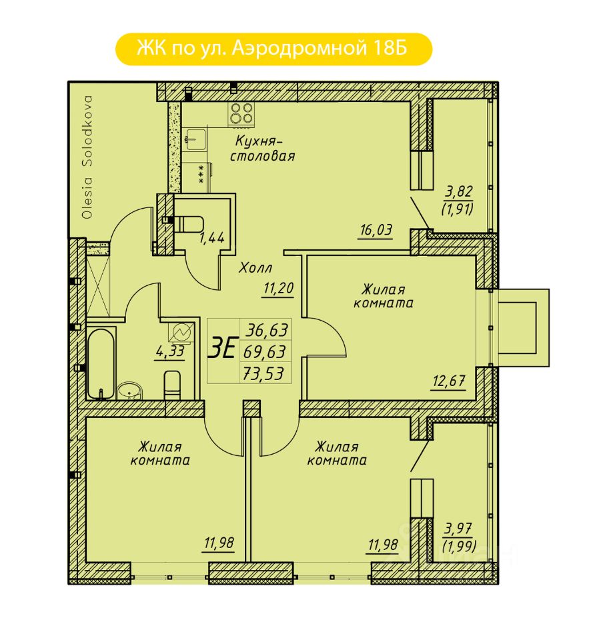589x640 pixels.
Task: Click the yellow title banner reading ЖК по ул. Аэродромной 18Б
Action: click(273, 49)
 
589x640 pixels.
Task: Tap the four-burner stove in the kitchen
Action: click(241, 113)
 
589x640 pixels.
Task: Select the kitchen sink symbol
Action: click(195, 139)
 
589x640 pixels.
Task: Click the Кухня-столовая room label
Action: click(262, 149)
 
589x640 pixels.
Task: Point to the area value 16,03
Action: click(376, 230)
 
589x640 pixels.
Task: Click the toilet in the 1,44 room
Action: click(188, 225)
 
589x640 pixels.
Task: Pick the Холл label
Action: click(255, 268)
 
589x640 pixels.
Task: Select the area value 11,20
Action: click(278, 288)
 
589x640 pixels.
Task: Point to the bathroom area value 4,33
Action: click(170, 351)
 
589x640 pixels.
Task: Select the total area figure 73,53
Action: click(263, 373)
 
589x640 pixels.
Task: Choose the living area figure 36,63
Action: click(266, 330)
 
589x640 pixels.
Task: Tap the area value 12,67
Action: click(449, 381)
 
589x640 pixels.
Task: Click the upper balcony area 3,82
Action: click(459, 191)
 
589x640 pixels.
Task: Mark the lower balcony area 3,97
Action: click(458, 529)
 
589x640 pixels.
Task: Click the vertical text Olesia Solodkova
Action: click(87, 157)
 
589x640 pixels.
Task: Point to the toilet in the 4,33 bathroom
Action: click(172, 385)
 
